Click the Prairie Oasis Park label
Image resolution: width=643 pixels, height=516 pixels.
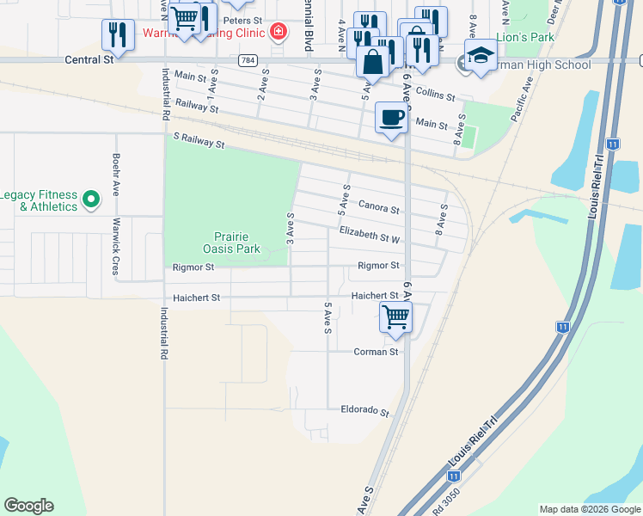(236, 243)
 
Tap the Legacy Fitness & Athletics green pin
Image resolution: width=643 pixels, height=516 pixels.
(93, 201)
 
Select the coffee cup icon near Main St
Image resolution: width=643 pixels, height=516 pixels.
(391, 117)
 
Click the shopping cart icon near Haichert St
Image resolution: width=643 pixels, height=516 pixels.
(395, 316)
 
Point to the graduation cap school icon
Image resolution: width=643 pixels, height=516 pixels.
(481, 56)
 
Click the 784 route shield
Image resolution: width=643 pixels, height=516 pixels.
(248, 60)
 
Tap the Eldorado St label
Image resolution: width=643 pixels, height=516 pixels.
(364, 411)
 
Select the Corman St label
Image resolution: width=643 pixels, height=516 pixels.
(376, 352)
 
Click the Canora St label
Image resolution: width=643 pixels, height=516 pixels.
(378, 208)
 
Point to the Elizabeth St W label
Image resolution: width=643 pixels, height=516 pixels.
(370, 234)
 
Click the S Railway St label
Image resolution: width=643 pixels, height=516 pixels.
(198, 140)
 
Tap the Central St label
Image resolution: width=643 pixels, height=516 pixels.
(89, 60)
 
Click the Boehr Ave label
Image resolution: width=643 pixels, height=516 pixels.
(115, 175)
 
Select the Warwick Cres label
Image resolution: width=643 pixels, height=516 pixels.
(115, 245)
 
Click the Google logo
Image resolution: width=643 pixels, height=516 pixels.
(28, 506)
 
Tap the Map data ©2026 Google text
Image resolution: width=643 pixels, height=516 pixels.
(589, 509)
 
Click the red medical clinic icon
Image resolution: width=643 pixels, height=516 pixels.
(278, 34)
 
